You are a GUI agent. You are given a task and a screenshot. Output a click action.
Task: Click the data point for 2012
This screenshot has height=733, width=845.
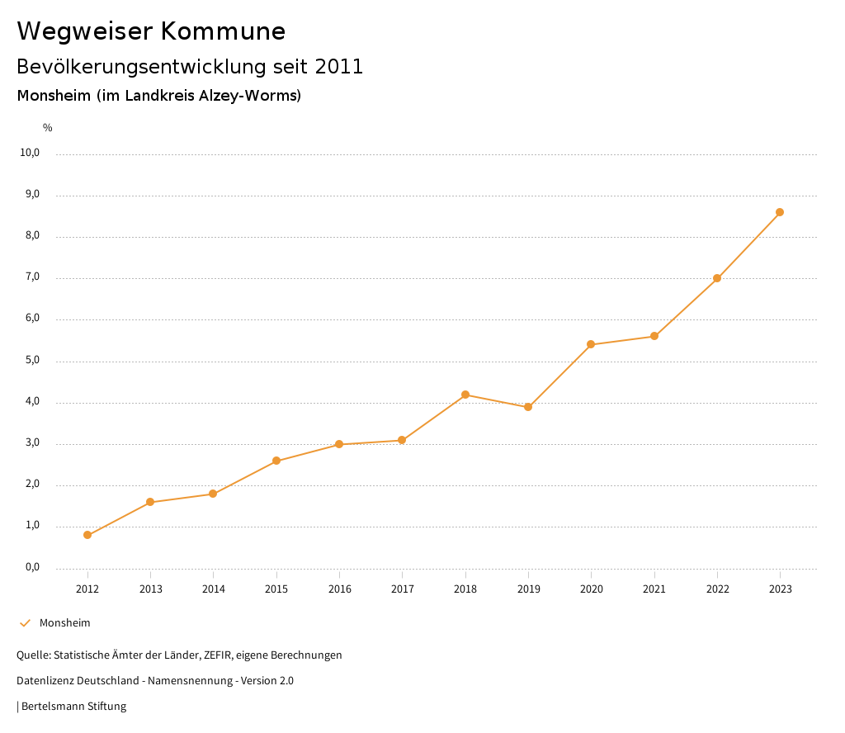pyautogui.click(x=87, y=535)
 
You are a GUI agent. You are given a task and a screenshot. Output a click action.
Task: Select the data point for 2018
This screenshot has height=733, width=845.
pyautogui.click(x=465, y=395)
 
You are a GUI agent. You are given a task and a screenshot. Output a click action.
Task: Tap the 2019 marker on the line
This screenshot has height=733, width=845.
pyautogui.click(x=528, y=407)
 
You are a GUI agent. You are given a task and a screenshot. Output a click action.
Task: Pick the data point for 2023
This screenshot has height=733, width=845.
pyautogui.click(x=780, y=212)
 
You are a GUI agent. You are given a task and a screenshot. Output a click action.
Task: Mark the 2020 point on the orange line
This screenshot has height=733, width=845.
pyautogui.click(x=591, y=344)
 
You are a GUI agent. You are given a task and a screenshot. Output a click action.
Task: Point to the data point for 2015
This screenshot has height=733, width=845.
pyautogui.click(x=276, y=461)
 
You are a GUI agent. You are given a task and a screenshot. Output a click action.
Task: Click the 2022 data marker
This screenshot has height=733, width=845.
pyautogui.click(x=717, y=278)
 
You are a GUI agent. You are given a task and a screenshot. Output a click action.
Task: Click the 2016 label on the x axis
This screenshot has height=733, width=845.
pyautogui.click(x=339, y=589)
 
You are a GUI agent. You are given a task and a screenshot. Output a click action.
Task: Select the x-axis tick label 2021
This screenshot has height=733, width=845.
pyautogui.click(x=654, y=589)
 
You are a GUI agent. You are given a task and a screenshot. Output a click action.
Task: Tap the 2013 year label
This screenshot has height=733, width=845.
pyautogui.click(x=150, y=589)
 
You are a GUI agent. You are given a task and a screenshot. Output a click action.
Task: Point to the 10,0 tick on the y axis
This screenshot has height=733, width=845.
pyautogui.click(x=31, y=154)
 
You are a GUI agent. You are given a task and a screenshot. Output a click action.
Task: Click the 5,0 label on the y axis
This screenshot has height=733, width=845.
pyautogui.click(x=31, y=361)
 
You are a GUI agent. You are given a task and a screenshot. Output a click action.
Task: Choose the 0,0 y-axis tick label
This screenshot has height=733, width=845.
pyautogui.click(x=31, y=568)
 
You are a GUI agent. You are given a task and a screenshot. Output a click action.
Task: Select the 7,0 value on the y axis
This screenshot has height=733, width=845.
pyautogui.click(x=31, y=278)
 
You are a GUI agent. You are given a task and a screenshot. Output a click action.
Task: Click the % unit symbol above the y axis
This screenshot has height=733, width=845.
pyautogui.click(x=48, y=128)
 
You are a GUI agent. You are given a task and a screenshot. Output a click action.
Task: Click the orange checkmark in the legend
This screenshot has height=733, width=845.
pyautogui.click(x=25, y=623)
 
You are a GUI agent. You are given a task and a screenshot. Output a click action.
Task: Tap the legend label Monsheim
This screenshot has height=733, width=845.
pyautogui.click(x=65, y=623)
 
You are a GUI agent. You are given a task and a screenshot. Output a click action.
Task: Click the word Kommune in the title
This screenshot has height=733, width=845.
pyautogui.click(x=223, y=31)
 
